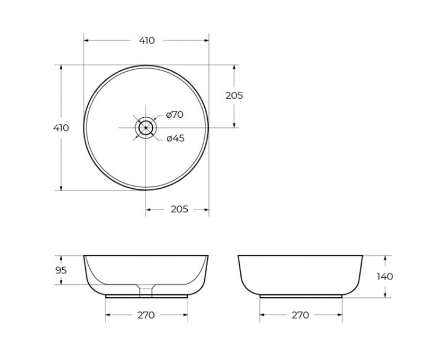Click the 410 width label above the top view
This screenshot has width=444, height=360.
coord(147,40)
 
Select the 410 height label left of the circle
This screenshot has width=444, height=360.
coord(61,128)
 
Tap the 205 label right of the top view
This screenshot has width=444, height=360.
coord(234,95)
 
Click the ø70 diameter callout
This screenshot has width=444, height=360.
coord(175,115)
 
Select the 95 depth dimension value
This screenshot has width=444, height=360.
coord(60,271)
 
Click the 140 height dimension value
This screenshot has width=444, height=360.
coord(385,276)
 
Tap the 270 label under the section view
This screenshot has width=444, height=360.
coord(146,315)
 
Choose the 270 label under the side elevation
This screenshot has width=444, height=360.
coord(300,315)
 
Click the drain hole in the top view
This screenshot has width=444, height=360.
coord(146,127)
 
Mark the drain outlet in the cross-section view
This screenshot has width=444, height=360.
coord(146,290)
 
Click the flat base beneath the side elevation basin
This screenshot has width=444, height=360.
coord(301,294)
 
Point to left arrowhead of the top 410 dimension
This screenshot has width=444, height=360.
coord(86,40)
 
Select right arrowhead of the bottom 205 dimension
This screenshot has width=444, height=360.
coord(207,209)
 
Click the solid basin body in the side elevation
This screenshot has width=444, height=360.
coord(301,274)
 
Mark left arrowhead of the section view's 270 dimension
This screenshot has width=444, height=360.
coord(107,315)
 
